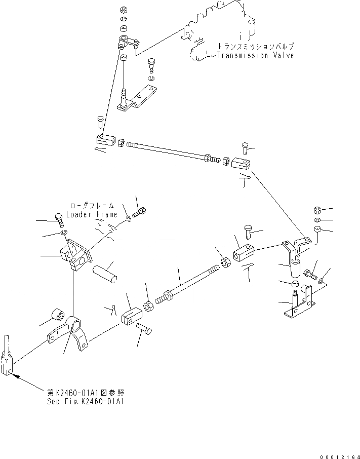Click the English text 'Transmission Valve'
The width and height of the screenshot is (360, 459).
[255, 55]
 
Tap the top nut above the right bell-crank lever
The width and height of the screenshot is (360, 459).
[316, 210]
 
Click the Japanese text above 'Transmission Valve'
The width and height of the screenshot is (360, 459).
[255, 46]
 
